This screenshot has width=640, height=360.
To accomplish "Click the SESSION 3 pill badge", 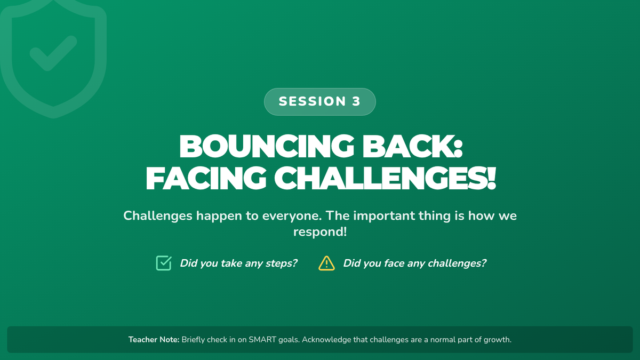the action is [319, 102].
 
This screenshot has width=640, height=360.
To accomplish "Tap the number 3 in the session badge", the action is [356, 101].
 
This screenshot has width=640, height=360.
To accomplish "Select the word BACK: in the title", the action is [413, 146].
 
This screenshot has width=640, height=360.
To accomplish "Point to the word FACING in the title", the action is [206, 178].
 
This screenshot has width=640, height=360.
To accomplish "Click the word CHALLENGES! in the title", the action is [385, 178].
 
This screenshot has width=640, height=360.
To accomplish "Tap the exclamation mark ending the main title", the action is [491, 178].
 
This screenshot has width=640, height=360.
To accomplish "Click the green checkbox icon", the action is [164, 263].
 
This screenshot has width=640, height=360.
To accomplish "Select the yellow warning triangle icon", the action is [326, 263].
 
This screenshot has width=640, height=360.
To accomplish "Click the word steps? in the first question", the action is [282, 263].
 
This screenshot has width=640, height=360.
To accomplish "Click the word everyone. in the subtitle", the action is [292, 216].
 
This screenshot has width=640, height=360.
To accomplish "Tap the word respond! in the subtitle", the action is [320, 232].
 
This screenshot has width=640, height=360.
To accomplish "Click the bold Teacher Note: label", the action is [154, 339].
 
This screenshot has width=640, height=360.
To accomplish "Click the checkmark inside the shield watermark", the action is [53, 53].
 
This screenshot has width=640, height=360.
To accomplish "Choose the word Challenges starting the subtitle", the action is [158, 216].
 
